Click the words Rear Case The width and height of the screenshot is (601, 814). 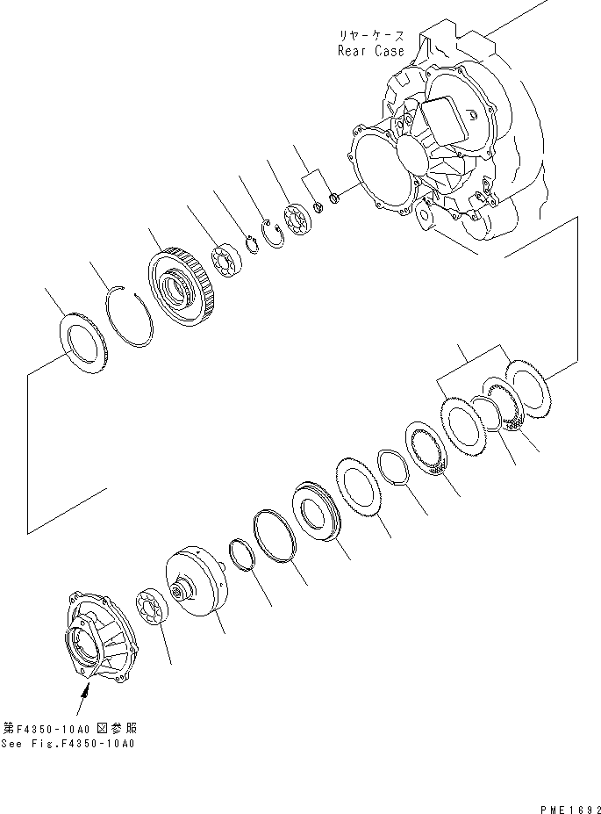coord(370,51)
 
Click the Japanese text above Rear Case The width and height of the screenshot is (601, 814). coord(371,35)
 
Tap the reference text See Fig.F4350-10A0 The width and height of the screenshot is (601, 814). coord(68,744)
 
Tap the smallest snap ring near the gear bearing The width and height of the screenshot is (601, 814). coord(252,245)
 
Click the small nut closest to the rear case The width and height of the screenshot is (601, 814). coord(335,198)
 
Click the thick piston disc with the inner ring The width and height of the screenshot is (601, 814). coord(318,511)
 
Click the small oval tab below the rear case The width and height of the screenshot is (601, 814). coord(426,216)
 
